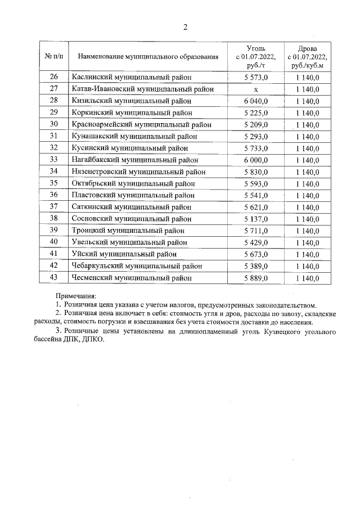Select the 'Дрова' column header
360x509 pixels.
[307, 57]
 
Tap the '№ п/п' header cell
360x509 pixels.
[54, 57]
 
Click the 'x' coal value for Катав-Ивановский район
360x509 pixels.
[256, 89]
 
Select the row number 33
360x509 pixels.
[54, 160]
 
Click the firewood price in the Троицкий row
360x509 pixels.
[307, 231]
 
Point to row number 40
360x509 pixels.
[54, 242]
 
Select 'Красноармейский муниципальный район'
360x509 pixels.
[142, 124]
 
